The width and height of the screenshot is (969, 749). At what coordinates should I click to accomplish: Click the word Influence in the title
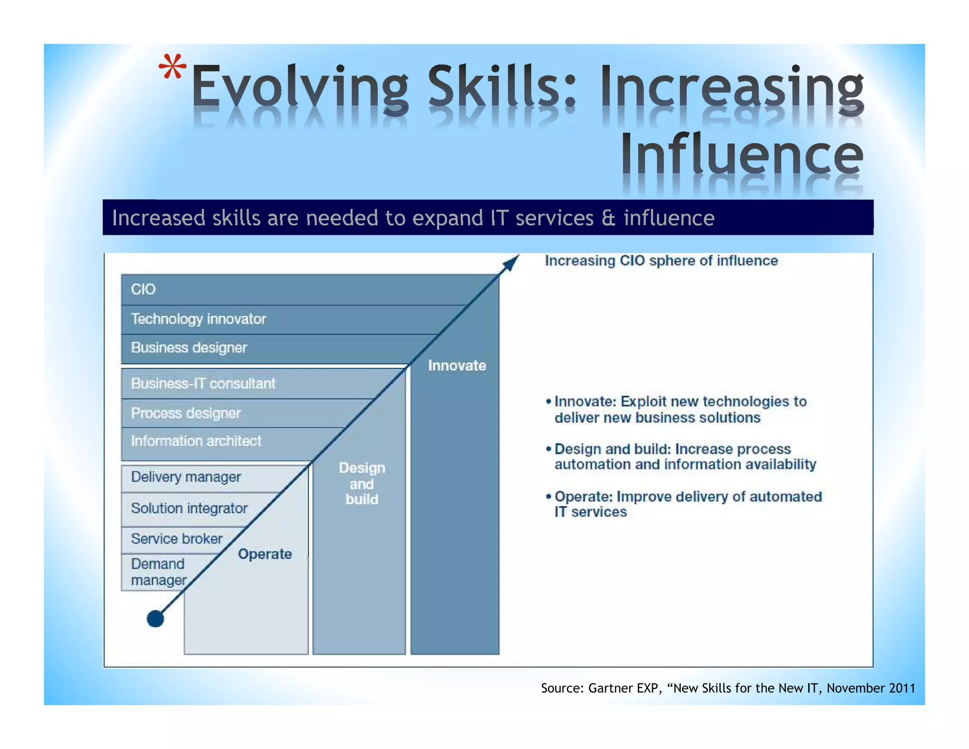[x=742, y=154]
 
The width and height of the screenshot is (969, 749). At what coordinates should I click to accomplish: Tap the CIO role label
[x=143, y=289]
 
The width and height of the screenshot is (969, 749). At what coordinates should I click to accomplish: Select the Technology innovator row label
[x=198, y=319]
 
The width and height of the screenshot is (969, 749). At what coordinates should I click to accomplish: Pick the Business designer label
[x=189, y=348]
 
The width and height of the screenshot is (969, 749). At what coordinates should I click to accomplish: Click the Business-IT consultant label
[x=203, y=383]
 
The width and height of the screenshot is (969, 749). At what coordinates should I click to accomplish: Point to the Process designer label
[x=185, y=413]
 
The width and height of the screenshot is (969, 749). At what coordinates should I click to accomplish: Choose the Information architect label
[x=196, y=441]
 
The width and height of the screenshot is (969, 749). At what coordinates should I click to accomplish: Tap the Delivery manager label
[x=185, y=477]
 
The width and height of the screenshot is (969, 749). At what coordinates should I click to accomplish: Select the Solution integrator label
[x=189, y=508]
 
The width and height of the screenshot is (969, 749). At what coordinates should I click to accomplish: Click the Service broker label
[x=176, y=539]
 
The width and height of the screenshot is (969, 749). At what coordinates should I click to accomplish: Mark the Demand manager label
[x=158, y=572]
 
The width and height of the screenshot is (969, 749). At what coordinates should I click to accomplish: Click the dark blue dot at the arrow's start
[x=155, y=618]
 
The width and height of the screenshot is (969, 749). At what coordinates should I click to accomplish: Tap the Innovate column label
[x=457, y=366]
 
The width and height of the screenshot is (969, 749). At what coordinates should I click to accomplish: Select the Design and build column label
[x=361, y=483]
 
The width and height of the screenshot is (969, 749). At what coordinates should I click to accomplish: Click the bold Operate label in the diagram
[x=264, y=554]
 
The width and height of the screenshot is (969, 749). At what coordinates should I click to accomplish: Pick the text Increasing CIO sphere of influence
[x=661, y=261]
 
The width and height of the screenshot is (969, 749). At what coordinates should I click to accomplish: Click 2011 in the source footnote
[x=901, y=688]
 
